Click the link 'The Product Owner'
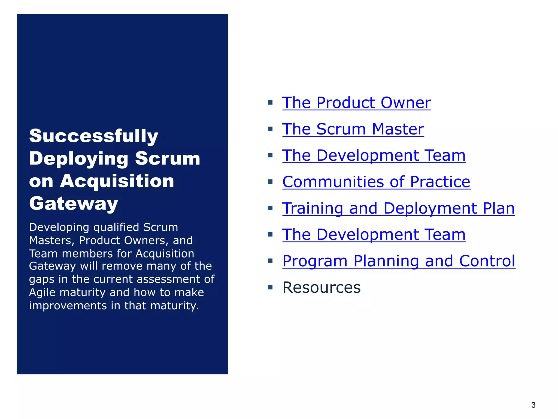tap(356, 103)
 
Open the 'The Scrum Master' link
tap(353, 129)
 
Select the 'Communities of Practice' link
tap(376, 182)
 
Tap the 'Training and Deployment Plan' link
tap(398, 208)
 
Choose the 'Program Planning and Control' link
tap(399, 261)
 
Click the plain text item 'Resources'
tap(322, 288)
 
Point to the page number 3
tap(533, 405)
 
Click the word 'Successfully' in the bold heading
tap(93, 136)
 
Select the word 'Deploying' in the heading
tap(78, 158)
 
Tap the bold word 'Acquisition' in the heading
tap(117, 181)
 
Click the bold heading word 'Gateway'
tap(74, 203)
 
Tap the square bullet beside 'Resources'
tap(270, 287)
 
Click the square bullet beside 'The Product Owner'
tap(270, 103)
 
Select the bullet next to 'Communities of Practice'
tap(270, 182)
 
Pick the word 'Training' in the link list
tap(313, 208)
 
